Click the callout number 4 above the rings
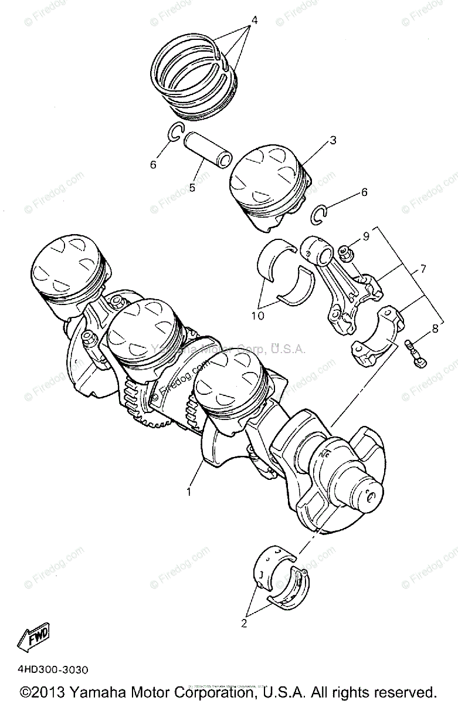pyautogui.click(x=254, y=20)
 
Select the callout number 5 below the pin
pyautogui.click(x=191, y=188)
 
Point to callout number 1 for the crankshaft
pyautogui.click(x=189, y=492)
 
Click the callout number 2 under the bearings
pyautogui.click(x=244, y=624)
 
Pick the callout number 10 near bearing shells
pyautogui.click(x=257, y=315)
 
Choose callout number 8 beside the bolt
pyautogui.click(x=435, y=329)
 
